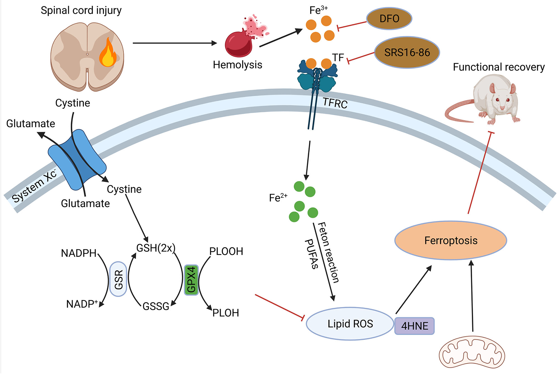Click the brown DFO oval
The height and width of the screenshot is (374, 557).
pyautogui.click(x=389, y=19)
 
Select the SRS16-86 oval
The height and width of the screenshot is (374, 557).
pyautogui.click(x=407, y=52)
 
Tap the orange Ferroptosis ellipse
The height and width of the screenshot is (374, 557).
pyautogui.click(x=451, y=240)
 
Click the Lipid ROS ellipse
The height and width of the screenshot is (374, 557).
pyautogui.click(x=350, y=324)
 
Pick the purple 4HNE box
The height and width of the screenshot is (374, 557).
pyautogui.click(x=415, y=326)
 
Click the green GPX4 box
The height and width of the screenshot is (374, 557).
pyautogui.click(x=191, y=280)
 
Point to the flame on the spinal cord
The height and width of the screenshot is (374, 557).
pyautogui.click(x=108, y=52)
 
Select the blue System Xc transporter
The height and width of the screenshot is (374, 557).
pyautogui.click(x=77, y=160)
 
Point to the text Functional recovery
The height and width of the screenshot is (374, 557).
pyautogui.click(x=499, y=67)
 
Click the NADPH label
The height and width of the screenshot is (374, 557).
pyautogui.click(x=79, y=253)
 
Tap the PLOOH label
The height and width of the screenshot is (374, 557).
pyautogui.click(x=226, y=251)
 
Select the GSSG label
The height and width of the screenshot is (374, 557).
pyautogui.click(x=156, y=306)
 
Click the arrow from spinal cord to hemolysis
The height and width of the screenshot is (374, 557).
pyautogui.click(x=175, y=43)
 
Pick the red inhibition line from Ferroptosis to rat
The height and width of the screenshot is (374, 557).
pyautogui.click(x=480, y=173)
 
